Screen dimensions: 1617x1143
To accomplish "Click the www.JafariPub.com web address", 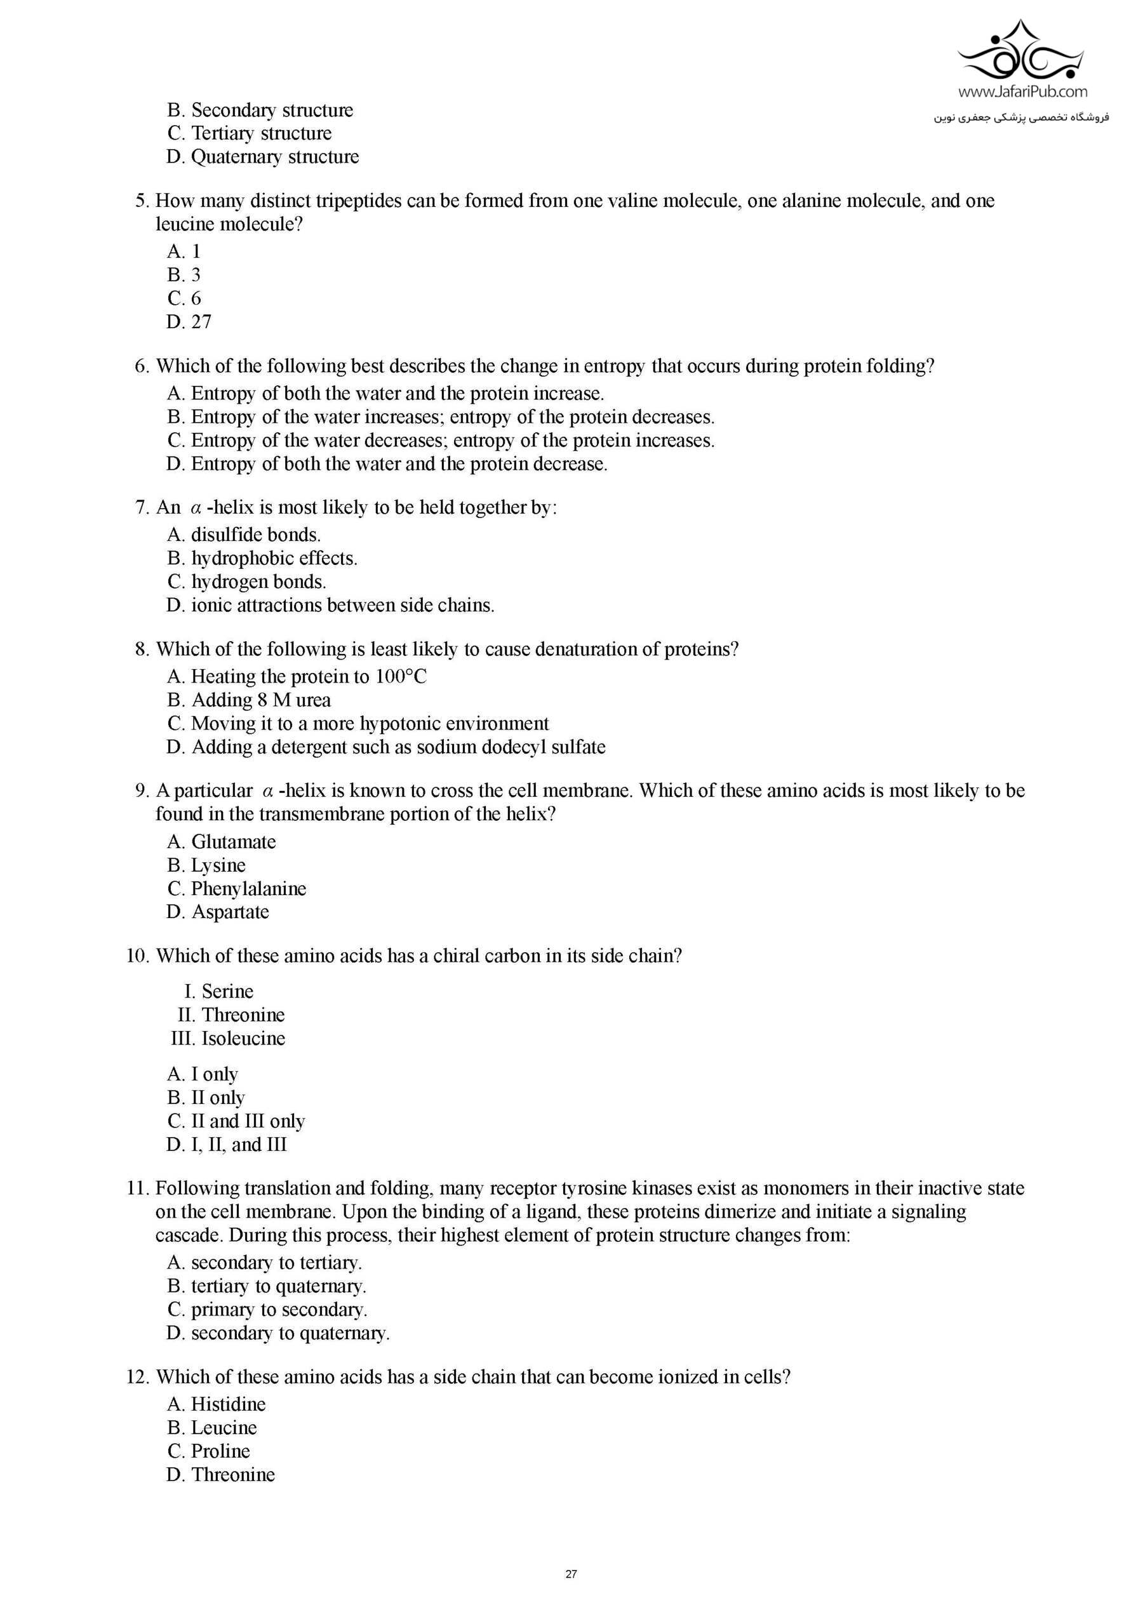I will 1022,91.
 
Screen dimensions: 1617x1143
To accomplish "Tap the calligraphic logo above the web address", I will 1022,53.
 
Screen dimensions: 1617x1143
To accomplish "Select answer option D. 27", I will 189,322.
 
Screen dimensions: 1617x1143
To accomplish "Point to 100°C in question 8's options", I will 401,677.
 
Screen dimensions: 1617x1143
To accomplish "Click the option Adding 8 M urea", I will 248,700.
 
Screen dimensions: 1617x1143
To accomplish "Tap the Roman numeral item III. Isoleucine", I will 227,1038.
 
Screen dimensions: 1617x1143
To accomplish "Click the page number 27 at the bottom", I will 571,1573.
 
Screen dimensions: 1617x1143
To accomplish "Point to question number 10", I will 137,955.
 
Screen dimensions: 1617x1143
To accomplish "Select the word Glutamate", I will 233,842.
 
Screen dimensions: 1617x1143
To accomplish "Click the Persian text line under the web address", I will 1021,117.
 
